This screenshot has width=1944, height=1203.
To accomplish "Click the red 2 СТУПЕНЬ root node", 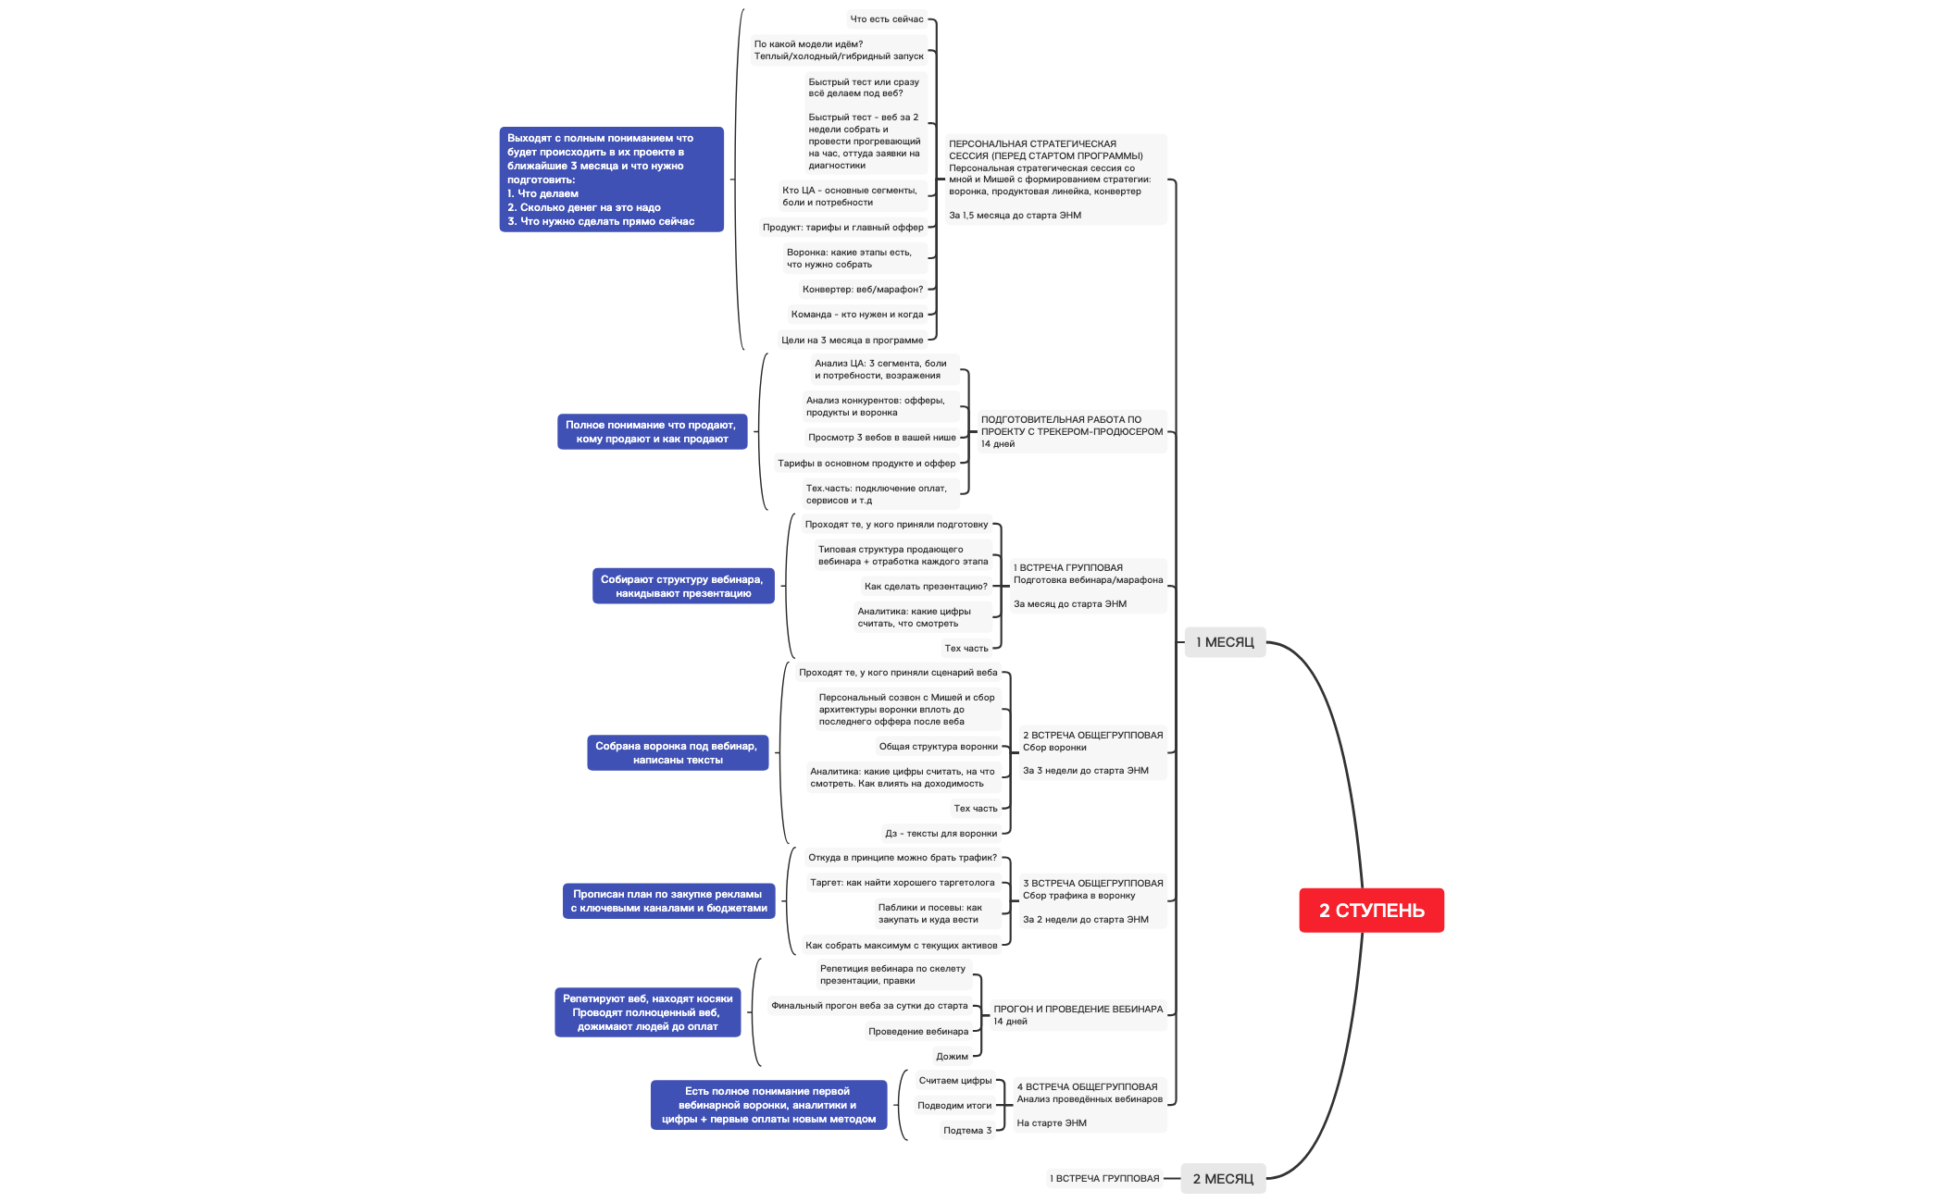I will (1371, 911).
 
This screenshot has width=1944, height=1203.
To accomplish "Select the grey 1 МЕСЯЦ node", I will (1224, 642).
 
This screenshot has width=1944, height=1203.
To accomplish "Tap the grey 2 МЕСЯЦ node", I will (1222, 1179).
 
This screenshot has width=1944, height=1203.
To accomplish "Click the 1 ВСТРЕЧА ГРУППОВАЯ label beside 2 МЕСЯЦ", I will (1103, 1179).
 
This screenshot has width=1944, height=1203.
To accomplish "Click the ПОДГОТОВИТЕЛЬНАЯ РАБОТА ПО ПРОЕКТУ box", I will (1071, 431).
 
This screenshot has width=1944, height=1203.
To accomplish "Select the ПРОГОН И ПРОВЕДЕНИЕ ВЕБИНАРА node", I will (1078, 1015).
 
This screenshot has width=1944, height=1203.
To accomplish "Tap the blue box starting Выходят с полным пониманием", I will (611, 180).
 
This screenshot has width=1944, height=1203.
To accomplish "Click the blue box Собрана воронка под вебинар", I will (677, 753).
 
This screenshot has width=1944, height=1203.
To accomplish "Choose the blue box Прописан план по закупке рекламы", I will (668, 901).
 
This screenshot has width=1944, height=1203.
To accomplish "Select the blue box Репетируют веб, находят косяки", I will (647, 1012).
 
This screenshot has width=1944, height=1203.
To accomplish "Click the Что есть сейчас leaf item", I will (886, 19).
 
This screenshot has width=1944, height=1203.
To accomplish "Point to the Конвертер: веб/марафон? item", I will (862, 290).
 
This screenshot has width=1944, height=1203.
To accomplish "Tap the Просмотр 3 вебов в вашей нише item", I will (881, 438).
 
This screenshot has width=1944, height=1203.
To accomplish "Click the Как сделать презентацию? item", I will (925, 587).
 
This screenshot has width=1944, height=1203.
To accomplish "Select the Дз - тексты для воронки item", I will (941, 834).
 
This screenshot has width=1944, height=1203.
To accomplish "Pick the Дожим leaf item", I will (952, 1057).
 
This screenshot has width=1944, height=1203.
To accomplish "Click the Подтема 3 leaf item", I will (966, 1131).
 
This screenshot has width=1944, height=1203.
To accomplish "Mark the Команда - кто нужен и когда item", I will (856, 315).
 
